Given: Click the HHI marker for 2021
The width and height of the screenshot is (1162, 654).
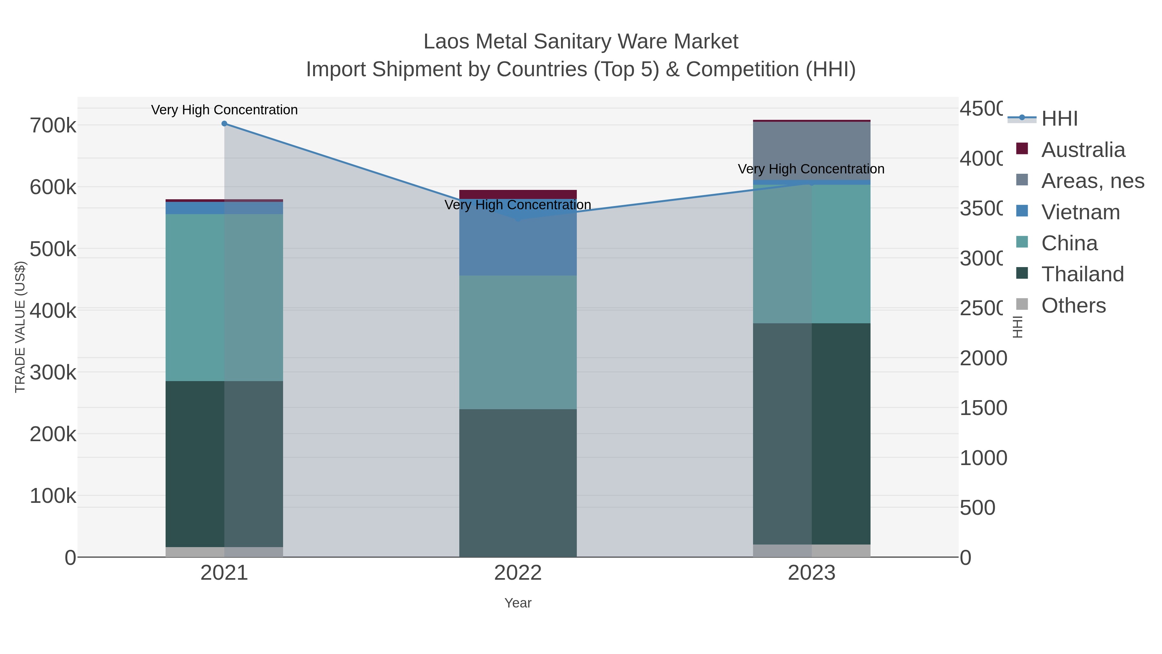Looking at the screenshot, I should [x=224, y=124].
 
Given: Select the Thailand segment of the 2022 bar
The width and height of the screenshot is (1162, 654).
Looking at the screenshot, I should [x=518, y=483].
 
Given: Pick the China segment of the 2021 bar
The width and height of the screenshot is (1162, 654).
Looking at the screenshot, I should [x=224, y=298].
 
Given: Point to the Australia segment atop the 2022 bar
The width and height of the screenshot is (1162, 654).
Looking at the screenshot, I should [x=518, y=194].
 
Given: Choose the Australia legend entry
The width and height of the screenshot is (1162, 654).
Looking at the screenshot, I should [x=1083, y=150].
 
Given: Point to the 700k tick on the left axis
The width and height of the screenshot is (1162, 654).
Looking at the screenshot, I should [x=53, y=126].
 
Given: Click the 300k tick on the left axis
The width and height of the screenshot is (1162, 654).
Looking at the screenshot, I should [x=53, y=373].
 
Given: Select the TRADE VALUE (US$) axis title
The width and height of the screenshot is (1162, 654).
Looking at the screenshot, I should [x=20, y=327].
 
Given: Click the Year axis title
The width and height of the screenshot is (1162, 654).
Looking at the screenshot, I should [x=518, y=603].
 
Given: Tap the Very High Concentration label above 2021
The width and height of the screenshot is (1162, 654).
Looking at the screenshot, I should [x=224, y=110].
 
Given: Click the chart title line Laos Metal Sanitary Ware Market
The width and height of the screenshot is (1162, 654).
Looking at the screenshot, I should [x=581, y=42].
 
